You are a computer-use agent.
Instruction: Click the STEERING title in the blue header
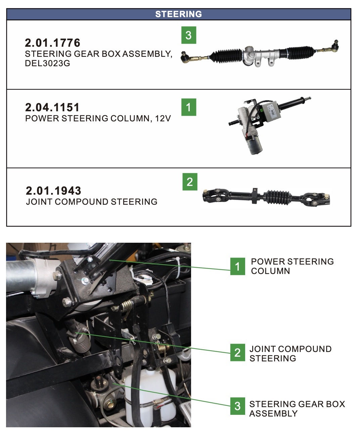point(178,14)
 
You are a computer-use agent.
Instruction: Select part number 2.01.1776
point(53,43)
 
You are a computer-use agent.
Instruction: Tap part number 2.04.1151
point(52,107)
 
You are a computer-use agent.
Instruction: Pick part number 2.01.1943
point(53,191)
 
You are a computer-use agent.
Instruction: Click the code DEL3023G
point(47,63)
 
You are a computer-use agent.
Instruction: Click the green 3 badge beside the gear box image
point(188,35)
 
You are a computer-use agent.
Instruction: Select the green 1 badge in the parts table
point(188,107)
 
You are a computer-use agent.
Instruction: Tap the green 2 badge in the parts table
point(190,182)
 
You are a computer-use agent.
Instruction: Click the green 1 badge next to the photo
point(237,267)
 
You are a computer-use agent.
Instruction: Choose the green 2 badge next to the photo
point(237,353)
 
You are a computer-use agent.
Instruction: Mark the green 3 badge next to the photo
point(237,406)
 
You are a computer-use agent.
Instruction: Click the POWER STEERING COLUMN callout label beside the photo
point(292,266)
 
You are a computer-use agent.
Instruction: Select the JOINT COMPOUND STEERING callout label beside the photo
point(290,353)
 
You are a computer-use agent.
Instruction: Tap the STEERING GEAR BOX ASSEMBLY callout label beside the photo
point(297,408)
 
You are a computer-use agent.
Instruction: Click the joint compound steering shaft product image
point(267,197)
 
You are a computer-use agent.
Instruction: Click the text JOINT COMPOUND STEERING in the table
point(92,202)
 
